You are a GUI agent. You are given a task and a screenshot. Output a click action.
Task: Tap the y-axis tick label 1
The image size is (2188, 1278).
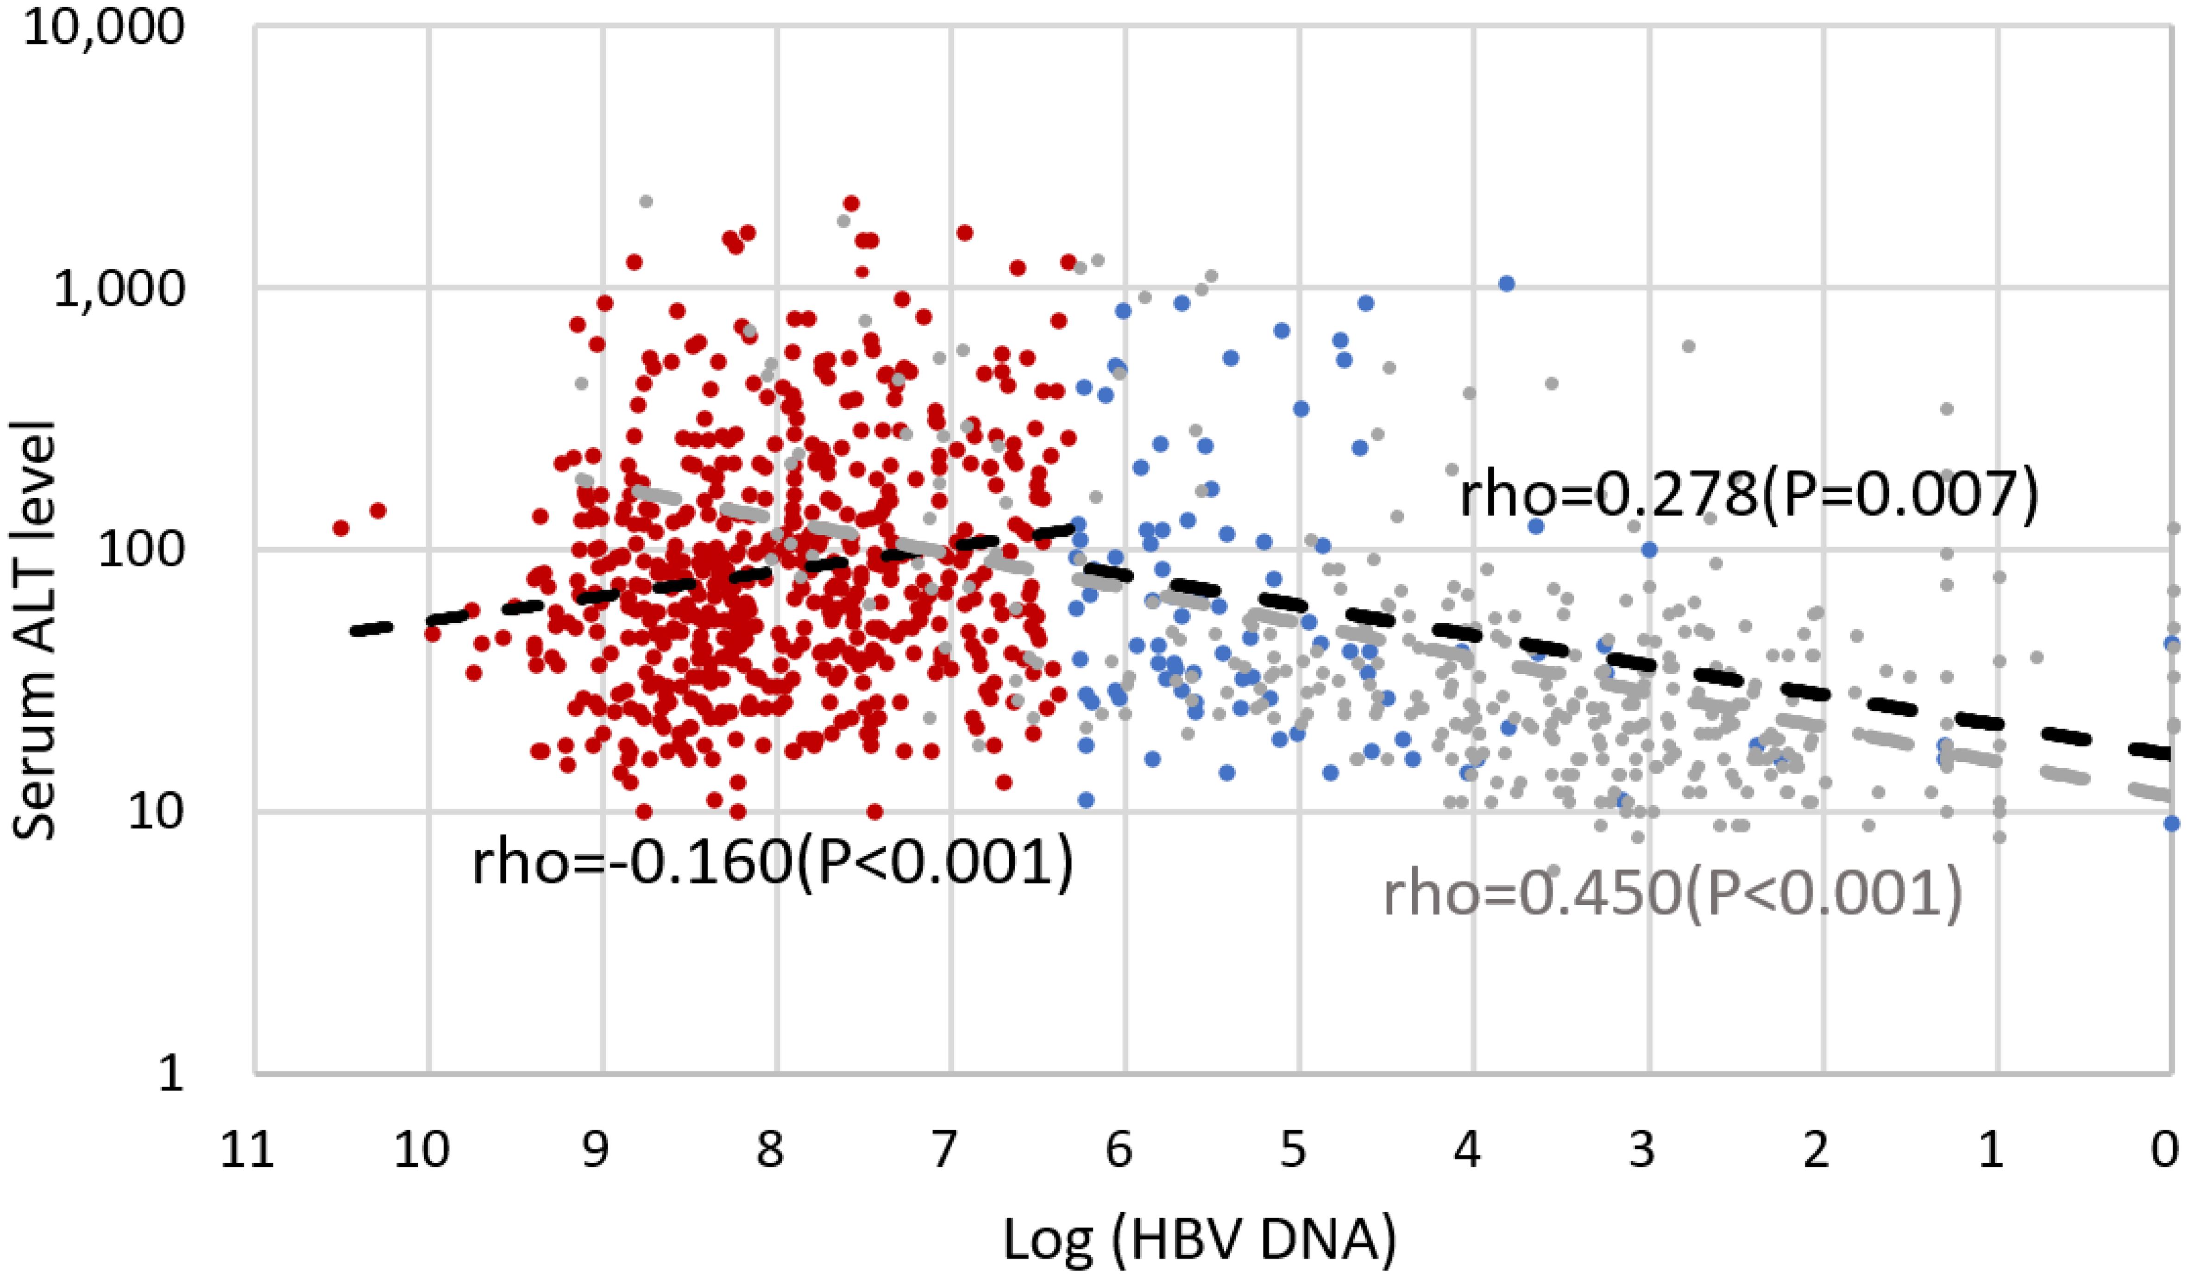(x=171, y=1074)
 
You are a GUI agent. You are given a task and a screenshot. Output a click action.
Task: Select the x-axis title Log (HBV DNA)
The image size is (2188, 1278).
(x=1200, y=1241)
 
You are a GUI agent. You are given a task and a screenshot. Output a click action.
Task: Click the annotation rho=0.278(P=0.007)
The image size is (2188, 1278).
(x=1748, y=496)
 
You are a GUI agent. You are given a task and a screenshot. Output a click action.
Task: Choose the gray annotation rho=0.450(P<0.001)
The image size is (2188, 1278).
(x=1672, y=895)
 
